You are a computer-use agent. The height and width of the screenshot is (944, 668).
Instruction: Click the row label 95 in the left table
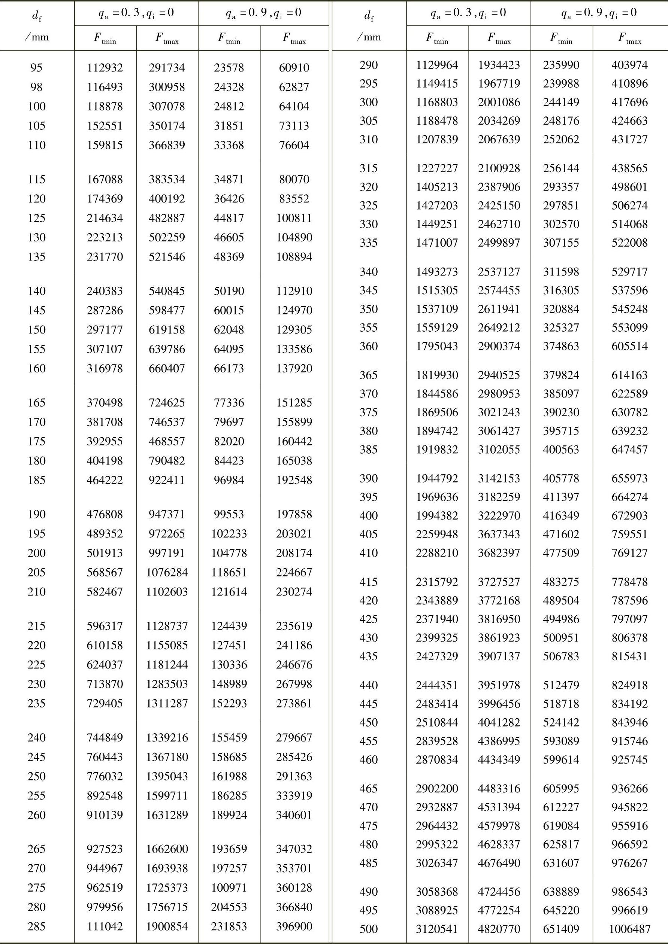coord(36,67)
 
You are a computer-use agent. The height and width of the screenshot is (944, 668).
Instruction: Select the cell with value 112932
coord(105,67)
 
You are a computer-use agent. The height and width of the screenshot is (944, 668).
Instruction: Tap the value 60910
coord(294,67)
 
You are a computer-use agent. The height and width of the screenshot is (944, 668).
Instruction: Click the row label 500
coord(368,929)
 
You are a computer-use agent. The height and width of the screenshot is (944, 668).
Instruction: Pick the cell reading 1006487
coord(629,929)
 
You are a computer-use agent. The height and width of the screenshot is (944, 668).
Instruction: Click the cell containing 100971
coord(229,887)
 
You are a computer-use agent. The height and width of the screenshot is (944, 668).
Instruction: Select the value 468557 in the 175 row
coord(167,441)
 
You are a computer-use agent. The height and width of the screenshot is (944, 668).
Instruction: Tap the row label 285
coord(36,926)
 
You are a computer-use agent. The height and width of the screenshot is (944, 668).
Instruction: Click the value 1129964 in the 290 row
coord(437,65)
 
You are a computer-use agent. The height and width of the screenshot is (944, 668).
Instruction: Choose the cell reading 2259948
coord(437,534)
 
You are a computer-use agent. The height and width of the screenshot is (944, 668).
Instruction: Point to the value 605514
coord(629,346)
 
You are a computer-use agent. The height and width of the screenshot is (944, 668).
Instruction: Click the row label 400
coord(368,515)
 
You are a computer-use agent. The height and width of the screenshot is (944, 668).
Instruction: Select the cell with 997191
coord(167,553)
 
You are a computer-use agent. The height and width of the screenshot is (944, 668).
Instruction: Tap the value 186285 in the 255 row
coord(229,795)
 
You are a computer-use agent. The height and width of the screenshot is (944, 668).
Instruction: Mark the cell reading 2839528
coord(437,741)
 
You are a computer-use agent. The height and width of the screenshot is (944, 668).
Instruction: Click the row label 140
coord(36,291)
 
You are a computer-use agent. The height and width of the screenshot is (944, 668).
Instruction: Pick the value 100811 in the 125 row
coord(294,218)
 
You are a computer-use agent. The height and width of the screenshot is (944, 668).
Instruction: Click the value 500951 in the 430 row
coord(561,638)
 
